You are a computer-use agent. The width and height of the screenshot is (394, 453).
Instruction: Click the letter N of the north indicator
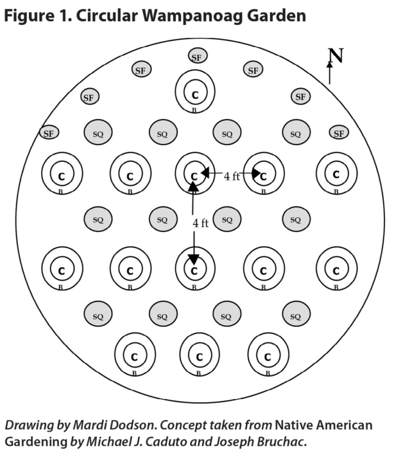click(x=336, y=56)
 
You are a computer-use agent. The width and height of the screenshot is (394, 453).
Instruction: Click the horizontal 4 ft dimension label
click(x=232, y=175)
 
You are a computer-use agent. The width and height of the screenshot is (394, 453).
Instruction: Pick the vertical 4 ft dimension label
click(x=200, y=224)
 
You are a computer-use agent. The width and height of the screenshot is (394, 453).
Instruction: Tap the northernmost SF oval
click(x=197, y=57)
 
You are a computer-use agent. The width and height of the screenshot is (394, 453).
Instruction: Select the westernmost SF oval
click(x=48, y=134)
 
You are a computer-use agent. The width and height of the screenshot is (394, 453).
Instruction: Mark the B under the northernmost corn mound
click(x=194, y=111)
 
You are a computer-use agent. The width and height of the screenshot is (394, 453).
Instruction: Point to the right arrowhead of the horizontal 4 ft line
click(x=254, y=173)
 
